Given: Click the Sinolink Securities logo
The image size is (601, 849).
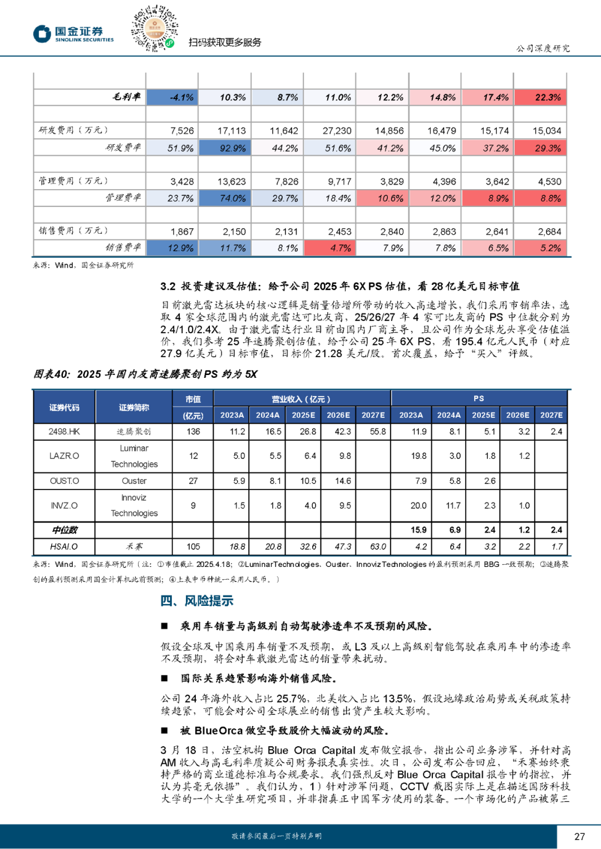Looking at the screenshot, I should [x=73, y=34].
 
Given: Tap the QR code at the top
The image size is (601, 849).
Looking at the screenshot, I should [x=154, y=28].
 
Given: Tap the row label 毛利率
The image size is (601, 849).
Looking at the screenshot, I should [x=126, y=97].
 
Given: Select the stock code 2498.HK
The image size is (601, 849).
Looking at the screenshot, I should [x=64, y=431].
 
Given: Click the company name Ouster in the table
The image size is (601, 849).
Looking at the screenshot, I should [x=134, y=481].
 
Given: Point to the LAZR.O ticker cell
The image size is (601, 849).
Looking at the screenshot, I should [x=64, y=456].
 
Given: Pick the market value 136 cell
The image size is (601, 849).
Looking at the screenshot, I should [x=193, y=431].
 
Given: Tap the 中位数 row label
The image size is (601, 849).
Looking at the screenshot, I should [x=65, y=530].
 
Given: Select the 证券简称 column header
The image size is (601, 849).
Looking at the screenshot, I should [x=134, y=407].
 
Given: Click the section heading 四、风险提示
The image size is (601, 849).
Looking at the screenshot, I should [x=197, y=601].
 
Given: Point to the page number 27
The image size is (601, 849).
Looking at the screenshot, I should [x=579, y=836].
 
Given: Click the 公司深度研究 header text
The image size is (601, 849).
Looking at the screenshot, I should [x=543, y=48].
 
